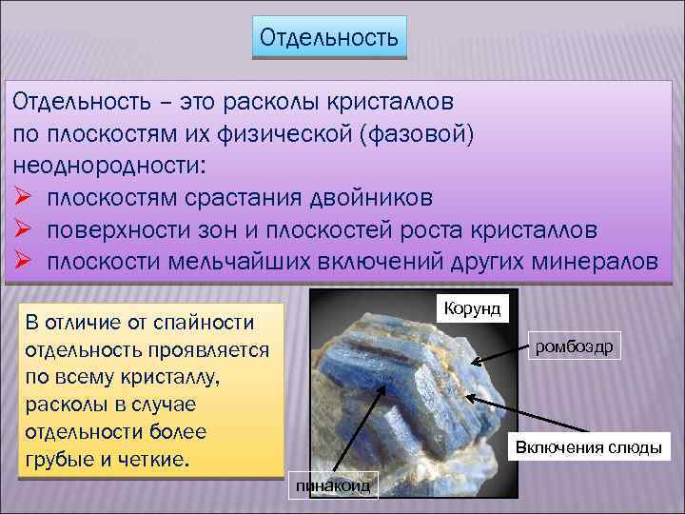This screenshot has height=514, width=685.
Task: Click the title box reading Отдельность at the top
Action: (x=329, y=39)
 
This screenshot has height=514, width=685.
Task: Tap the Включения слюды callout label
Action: (x=588, y=446)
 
